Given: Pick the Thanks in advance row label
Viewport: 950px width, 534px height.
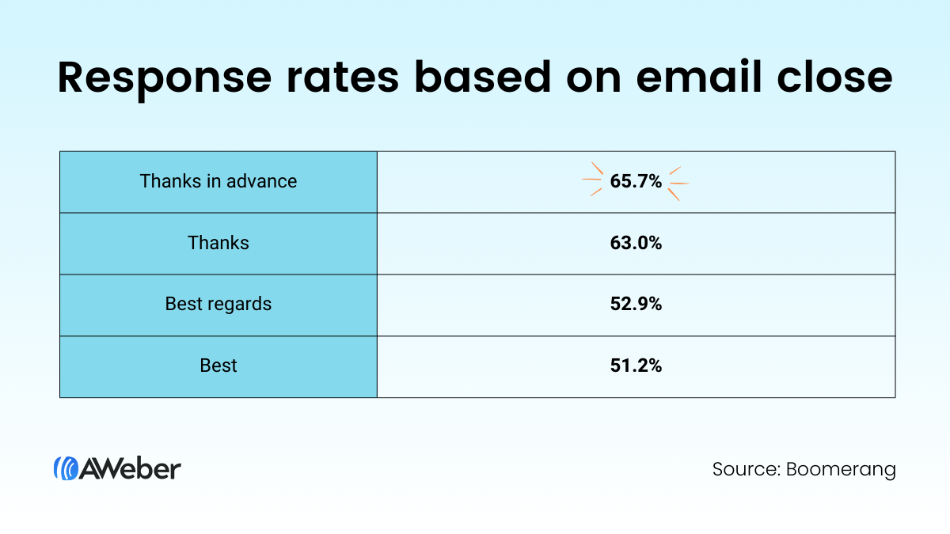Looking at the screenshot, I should click(218, 181).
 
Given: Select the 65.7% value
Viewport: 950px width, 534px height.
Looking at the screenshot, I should click(636, 182).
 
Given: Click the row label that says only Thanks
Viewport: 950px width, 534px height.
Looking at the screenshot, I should click(218, 243).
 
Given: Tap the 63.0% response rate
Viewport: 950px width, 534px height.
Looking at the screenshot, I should click(636, 244).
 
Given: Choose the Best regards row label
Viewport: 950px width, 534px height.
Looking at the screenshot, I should click(218, 305).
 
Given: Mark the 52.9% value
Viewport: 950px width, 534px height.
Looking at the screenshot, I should click(636, 305).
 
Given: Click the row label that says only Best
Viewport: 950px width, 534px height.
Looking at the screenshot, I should click(218, 366).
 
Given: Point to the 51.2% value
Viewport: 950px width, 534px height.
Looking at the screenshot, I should click(636, 366).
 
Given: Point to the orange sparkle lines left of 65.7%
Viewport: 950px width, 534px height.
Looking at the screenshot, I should click(592, 181).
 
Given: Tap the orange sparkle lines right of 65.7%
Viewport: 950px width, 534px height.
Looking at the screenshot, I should click(678, 183).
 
